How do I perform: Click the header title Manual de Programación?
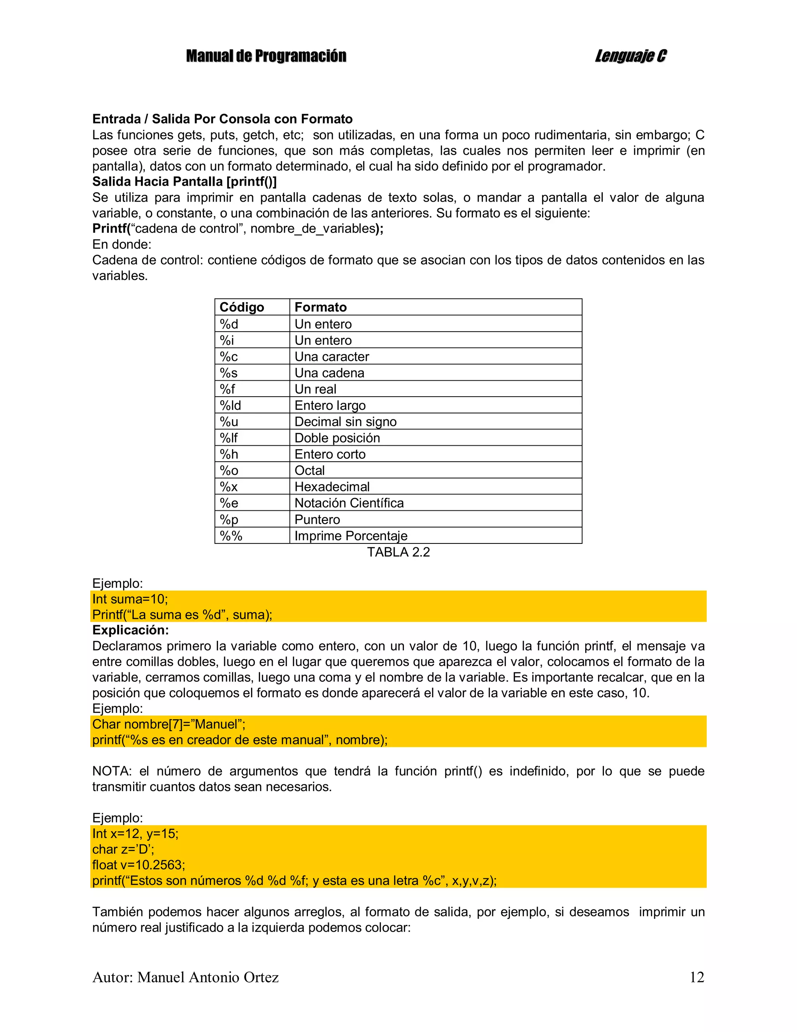pos(266,56)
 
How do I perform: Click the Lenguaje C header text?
pos(630,56)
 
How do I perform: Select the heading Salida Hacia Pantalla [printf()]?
pos(184,181)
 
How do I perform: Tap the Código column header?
pos(242,307)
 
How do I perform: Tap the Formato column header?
pos(321,307)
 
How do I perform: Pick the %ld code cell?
pos(230,405)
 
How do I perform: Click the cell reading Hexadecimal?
pos(332,487)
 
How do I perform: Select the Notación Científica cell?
pos(349,503)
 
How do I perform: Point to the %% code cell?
pos(231,536)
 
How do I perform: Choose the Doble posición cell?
pos(337,438)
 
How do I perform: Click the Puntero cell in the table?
pos(318,519)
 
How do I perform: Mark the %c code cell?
pos(229,357)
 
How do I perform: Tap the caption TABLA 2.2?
pos(398,552)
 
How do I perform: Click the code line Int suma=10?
pos(130,599)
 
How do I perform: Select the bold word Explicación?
pos(130,630)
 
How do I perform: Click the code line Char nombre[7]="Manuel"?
pos(169,724)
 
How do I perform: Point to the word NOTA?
pos(112,771)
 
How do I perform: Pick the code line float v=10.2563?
pos(139,865)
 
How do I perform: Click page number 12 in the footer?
pos(697,977)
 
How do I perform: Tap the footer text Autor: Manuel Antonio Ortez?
pos(185,977)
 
